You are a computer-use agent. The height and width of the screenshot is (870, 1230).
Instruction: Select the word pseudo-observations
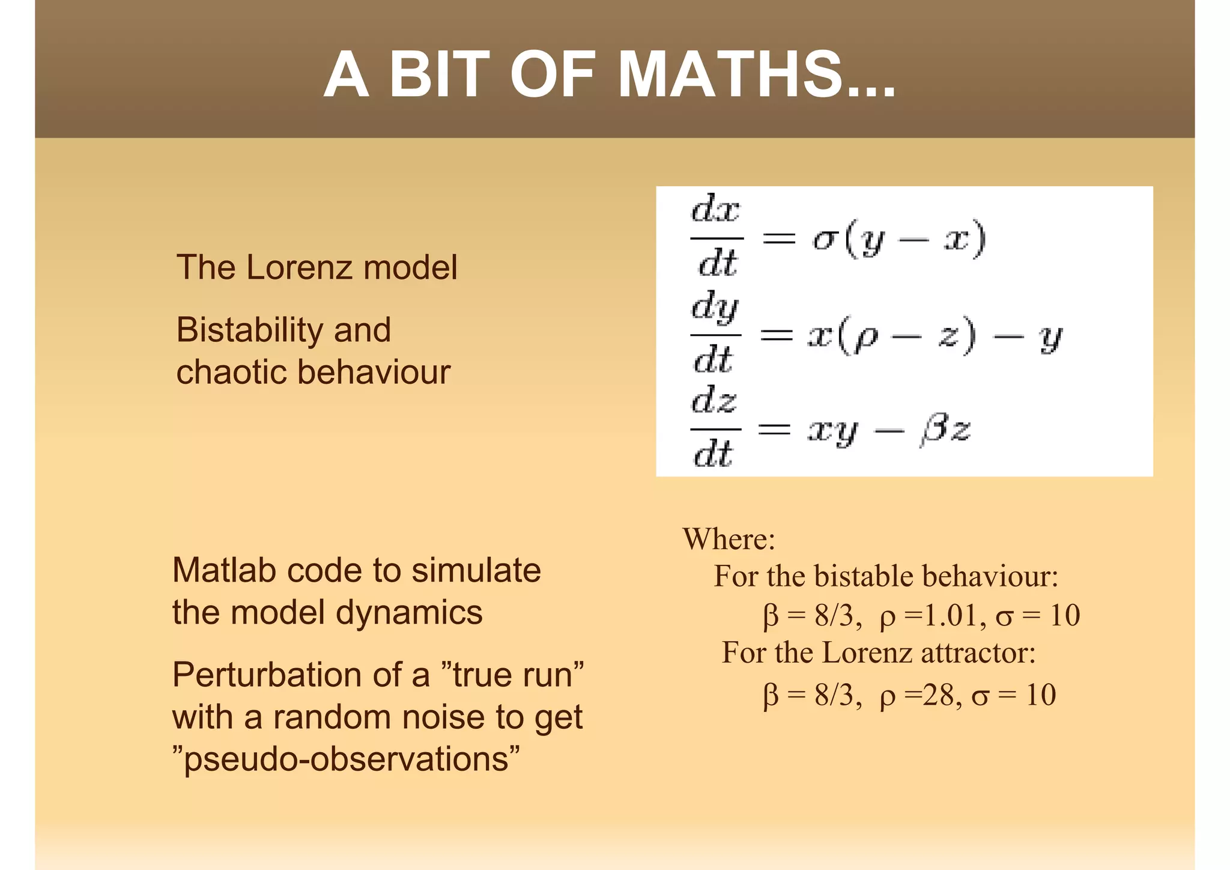[x=347, y=759]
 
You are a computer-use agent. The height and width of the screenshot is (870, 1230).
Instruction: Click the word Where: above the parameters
[x=729, y=538]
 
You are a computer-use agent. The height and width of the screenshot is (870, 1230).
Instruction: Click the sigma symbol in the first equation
[x=826, y=239]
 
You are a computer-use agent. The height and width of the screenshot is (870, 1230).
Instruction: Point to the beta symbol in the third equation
[x=932, y=430]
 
